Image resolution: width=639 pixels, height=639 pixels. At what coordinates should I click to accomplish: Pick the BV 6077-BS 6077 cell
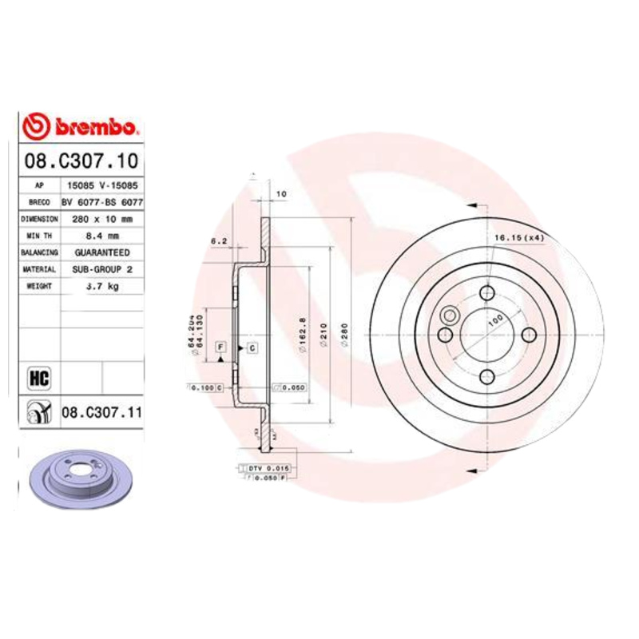(x=101, y=203)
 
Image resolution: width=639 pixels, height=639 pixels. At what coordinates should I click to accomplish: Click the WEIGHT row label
(x=39, y=286)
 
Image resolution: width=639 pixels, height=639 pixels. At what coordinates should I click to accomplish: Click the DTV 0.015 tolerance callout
(x=267, y=466)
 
